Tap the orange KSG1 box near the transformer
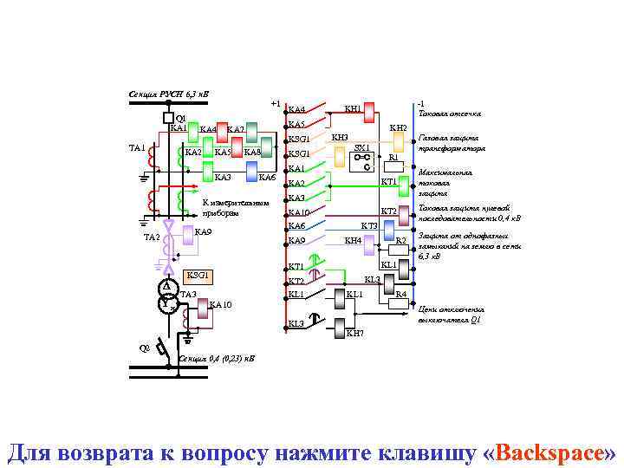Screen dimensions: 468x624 coord(198,276)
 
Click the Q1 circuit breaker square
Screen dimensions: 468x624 coord(167,118)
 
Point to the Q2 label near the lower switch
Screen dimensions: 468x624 coord(145,348)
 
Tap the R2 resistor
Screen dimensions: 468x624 coord(401,239)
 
